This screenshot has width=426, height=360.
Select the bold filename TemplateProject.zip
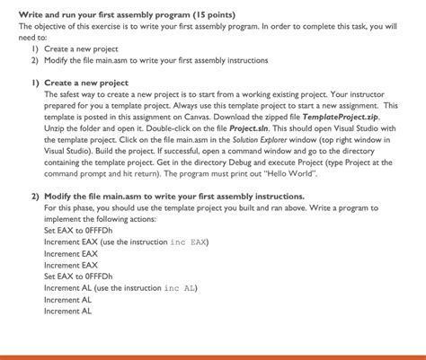[353, 116]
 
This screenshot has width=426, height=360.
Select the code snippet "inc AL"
[181, 288]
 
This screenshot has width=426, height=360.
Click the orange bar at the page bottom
[213, 356]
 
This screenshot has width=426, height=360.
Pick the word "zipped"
[315, 116]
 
